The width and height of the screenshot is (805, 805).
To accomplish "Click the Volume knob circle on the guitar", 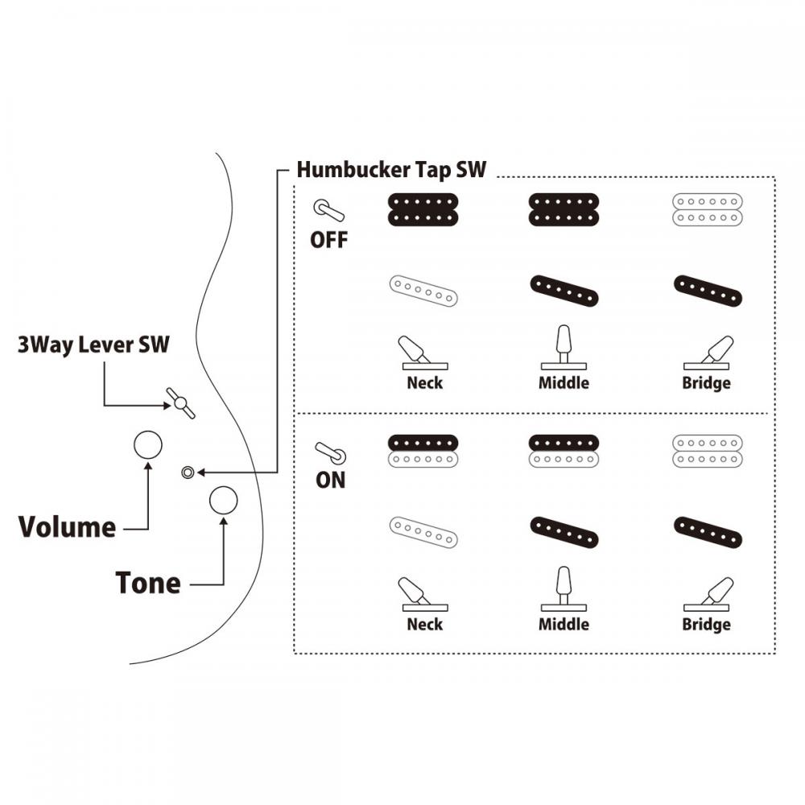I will (x=147, y=444).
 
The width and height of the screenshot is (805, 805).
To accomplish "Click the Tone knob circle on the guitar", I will (x=223, y=500).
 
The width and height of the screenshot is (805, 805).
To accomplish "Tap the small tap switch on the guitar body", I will (x=188, y=473).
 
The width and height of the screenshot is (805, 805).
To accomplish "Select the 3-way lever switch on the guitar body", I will (x=181, y=402).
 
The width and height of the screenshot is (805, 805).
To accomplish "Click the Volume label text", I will (x=68, y=527).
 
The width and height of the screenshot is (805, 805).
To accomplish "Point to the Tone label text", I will (x=148, y=582).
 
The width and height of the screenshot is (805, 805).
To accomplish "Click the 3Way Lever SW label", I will (x=93, y=345).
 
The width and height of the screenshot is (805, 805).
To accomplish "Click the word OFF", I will (x=329, y=240).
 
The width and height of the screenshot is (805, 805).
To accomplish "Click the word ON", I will (x=330, y=481).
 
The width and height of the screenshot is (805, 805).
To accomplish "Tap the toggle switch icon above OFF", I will (x=328, y=211).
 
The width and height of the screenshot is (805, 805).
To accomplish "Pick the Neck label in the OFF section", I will (x=424, y=382).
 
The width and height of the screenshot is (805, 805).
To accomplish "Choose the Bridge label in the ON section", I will (x=706, y=624).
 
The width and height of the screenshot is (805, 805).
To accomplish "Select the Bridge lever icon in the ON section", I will (x=709, y=594).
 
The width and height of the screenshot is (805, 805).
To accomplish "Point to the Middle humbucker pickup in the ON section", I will (x=563, y=450).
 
